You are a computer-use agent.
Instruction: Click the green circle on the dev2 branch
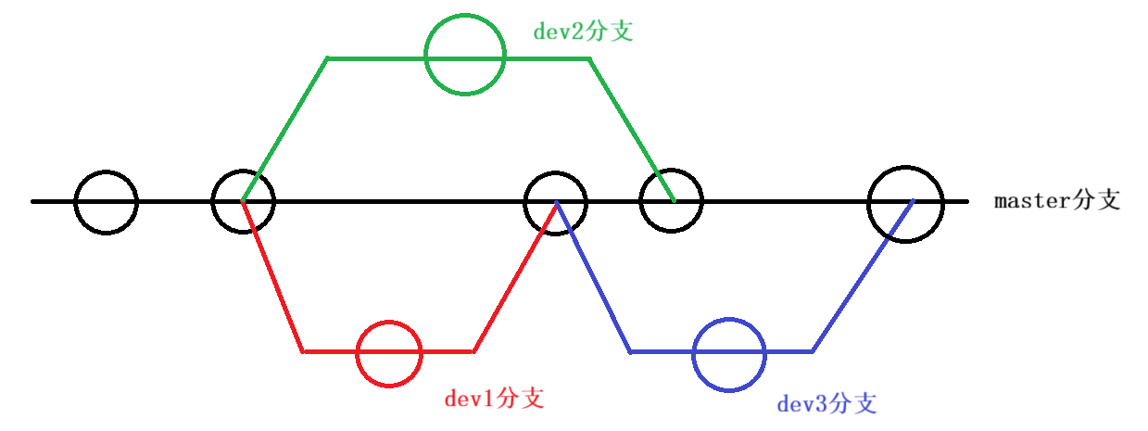click(465, 55)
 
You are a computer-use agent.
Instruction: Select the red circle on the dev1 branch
click(389, 353)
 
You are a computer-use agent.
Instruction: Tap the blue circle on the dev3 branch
click(730, 353)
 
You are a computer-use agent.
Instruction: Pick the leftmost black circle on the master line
click(106, 202)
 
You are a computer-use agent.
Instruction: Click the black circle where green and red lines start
click(244, 201)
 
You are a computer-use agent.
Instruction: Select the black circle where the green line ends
click(671, 200)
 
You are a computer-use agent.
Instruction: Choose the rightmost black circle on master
click(905, 203)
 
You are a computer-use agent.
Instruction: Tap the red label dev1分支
click(494, 399)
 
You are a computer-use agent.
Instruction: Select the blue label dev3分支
click(826, 403)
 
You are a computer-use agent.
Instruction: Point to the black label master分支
click(1057, 200)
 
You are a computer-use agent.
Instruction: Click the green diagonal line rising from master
click(285, 130)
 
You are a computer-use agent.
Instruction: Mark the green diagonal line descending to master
click(631, 130)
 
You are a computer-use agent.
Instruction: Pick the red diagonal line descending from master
click(273, 276)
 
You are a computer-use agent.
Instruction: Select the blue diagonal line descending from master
click(593, 276)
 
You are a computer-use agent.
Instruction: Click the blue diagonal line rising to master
click(862, 276)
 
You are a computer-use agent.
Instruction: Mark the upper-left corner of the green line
click(328, 59)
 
